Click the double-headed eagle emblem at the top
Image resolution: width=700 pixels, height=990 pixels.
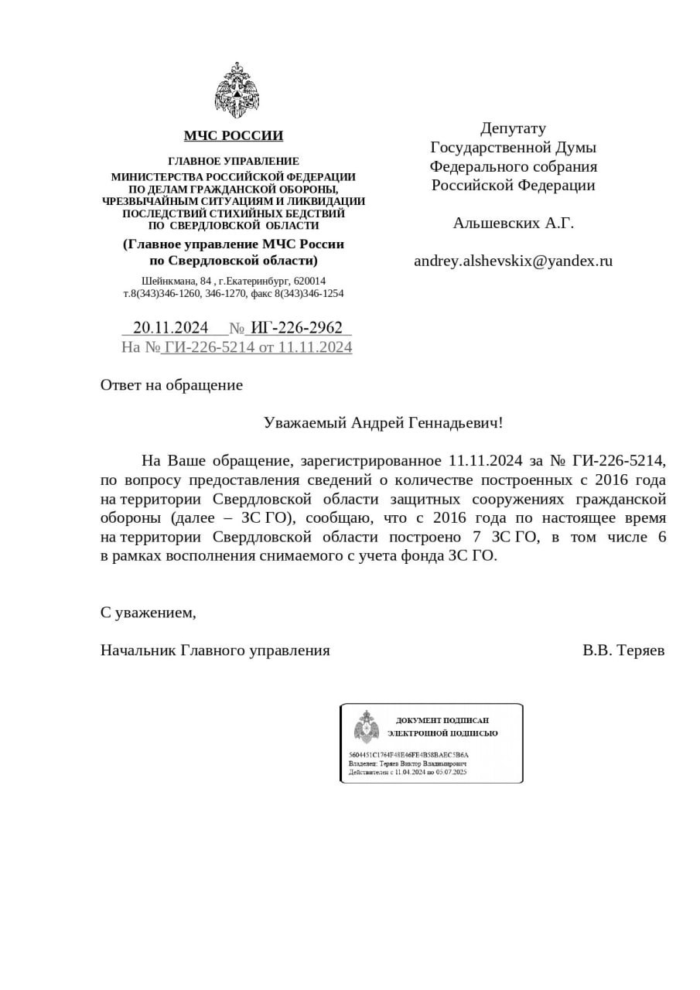click(237, 90)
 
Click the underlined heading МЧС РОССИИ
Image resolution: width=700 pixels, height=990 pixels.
click(234, 136)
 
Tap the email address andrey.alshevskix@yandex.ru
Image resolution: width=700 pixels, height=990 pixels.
click(513, 261)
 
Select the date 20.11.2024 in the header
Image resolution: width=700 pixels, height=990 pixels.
click(170, 328)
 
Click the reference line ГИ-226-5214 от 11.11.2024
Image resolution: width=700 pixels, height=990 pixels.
click(258, 347)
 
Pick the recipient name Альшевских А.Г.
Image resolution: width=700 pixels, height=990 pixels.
click(513, 224)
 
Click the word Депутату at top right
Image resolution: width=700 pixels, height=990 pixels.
click(513, 128)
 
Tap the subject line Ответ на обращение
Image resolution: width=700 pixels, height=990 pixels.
click(172, 385)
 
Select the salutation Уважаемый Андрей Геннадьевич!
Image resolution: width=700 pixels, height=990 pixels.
click(383, 423)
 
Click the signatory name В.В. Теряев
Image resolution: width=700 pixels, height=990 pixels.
click(623, 650)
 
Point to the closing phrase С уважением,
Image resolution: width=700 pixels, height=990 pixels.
click(148, 613)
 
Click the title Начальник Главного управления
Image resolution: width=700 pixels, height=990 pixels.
click(215, 650)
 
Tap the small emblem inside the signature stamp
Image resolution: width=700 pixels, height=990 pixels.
click(366, 727)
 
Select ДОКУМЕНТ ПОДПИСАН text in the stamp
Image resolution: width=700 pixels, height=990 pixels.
click(442, 720)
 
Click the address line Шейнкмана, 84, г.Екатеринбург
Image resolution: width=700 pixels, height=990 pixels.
click(234, 281)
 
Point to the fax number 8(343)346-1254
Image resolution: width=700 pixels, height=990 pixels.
click(309, 294)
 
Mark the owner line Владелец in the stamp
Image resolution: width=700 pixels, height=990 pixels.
click(408, 763)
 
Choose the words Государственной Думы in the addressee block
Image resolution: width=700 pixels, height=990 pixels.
click(513, 147)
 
